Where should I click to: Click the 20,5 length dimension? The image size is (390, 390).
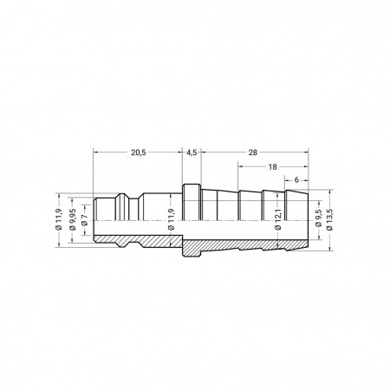pyautogui.click(x=139, y=153)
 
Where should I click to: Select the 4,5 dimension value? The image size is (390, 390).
pyautogui.click(x=192, y=153)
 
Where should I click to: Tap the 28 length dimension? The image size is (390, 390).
pyautogui.click(x=253, y=153)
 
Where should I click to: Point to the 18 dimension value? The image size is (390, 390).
pyautogui.click(x=272, y=166)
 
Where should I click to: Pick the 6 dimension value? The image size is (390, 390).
pyautogui.click(x=296, y=180)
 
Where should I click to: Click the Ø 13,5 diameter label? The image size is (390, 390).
pyautogui.click(x=330, y=219)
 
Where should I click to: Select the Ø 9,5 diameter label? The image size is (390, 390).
pyautogui.click(x=320, y=220)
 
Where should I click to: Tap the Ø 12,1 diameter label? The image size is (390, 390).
pyautogui.click(x=278, y=219)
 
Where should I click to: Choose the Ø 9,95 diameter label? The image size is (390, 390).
pyautogui.click(x=73, y=219)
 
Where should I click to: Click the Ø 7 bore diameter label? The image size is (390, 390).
pyautogui.click(x=84, y=220)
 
